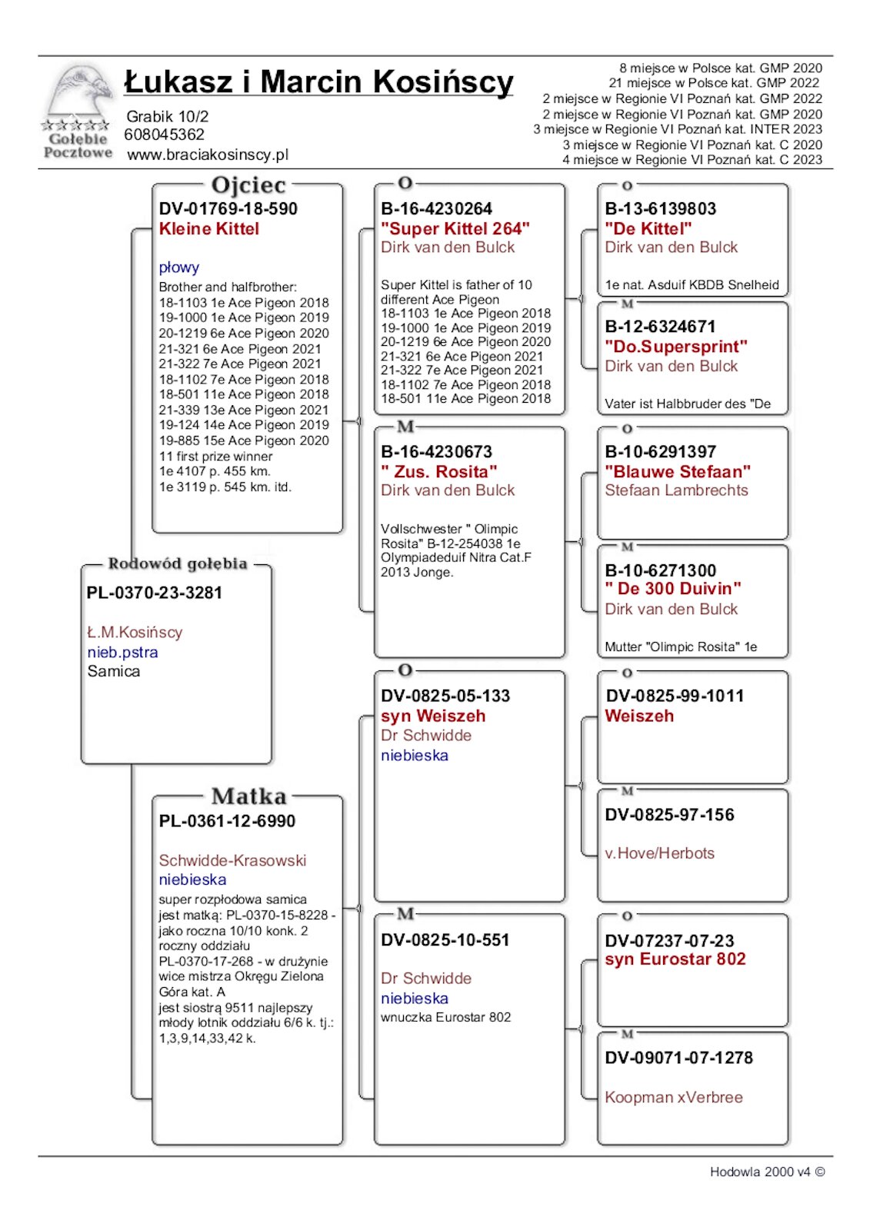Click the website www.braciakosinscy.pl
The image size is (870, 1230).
(208, 155)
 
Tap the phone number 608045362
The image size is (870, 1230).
(165, 135)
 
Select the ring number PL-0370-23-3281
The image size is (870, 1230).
(155, 593)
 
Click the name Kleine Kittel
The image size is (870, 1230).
(209, 228)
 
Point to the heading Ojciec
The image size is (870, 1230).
(248, 185)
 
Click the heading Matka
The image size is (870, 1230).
(248, 796)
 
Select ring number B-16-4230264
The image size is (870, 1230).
(436, 208)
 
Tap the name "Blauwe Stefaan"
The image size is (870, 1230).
(678, 471)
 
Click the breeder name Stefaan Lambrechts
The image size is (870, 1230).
(676, 490)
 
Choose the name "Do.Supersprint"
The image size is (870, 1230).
(676, 347)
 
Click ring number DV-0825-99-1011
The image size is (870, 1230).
(675, 696)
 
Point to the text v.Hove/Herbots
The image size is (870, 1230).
(659, 853)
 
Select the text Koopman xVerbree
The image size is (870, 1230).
(674, 1097)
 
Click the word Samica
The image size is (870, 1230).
(114, 671)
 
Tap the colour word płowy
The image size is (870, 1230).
(179, 268)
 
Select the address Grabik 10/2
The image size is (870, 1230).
(168, 117)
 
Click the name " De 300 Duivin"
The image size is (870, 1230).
(673, 589)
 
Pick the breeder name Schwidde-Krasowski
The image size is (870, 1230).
(232, 860)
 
